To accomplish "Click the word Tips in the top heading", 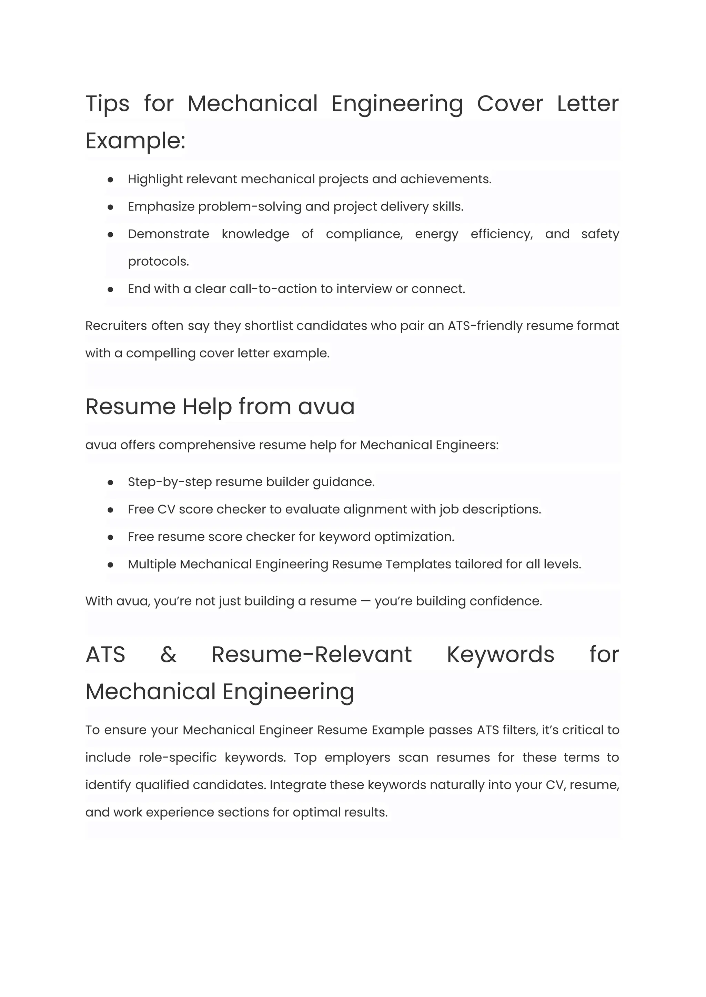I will click(107, 104).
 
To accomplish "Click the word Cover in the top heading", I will click(510, 104).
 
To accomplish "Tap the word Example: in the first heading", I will click(135, 141).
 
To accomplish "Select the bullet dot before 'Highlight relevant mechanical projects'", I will click(110, 180).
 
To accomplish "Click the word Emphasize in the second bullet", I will click(161, 206).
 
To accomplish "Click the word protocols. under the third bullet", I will click(158, 261).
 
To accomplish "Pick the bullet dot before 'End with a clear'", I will click(110, 289).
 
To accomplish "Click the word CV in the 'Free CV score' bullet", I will click(166, 509).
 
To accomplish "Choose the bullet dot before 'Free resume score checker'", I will click(110, 538).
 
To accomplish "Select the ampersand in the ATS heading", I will click(168, 654).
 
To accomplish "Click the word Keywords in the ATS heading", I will click(501, 654).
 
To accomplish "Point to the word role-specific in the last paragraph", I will click(178, 757).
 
